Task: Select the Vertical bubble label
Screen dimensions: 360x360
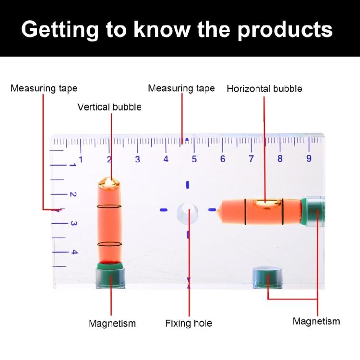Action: [109, 107]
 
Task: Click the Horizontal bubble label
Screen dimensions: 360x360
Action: [264, 89]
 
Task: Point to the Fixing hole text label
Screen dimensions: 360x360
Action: [189, 323]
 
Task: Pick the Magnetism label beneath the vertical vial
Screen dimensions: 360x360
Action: [112, 324]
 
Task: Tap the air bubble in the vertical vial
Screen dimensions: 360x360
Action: [109, 183]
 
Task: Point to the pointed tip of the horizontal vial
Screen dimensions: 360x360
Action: [221, 209]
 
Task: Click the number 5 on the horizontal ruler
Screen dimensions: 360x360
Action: [194, 159]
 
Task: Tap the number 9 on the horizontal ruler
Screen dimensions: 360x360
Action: [309, 159]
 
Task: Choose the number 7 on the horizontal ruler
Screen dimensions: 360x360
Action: [251, 159]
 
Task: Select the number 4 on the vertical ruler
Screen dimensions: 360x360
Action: [73, 252]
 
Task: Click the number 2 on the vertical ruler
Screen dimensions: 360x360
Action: [73, 195]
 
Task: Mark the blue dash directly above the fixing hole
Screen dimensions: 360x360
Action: [188, 185]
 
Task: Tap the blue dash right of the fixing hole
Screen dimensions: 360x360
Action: [212, 210]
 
